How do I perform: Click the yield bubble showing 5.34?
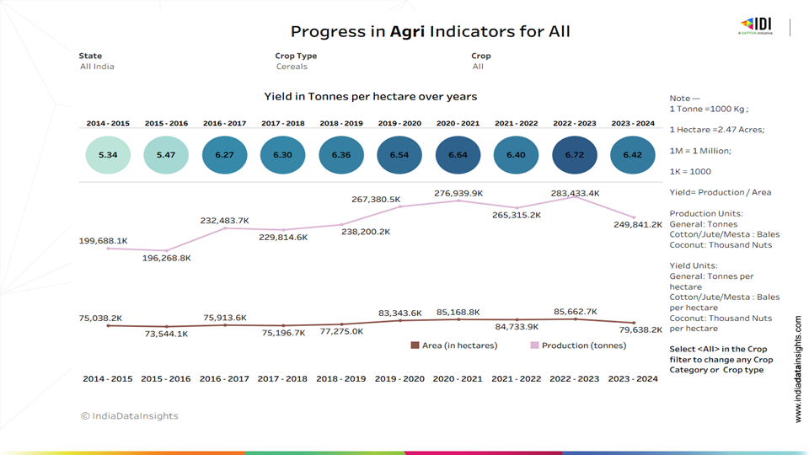coord(108,155)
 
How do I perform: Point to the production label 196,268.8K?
coord(166,259)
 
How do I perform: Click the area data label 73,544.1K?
coord(165,334)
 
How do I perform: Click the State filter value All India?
coord(97,67)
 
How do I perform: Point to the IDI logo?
coord(753,26)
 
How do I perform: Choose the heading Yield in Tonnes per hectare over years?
coord(370,97)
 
